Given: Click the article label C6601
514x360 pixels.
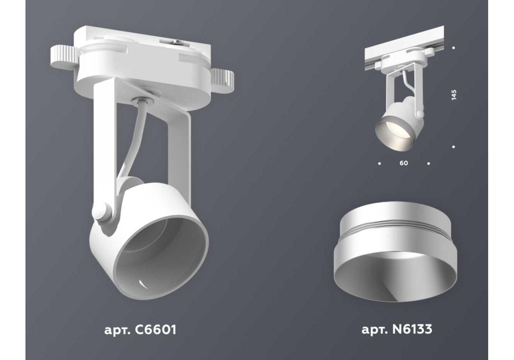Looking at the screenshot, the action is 140,330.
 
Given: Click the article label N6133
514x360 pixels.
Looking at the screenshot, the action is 397,330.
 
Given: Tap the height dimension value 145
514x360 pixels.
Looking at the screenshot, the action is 454,95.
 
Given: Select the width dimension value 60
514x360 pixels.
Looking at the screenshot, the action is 404,163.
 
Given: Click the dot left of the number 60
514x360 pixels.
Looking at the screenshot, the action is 379,164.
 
